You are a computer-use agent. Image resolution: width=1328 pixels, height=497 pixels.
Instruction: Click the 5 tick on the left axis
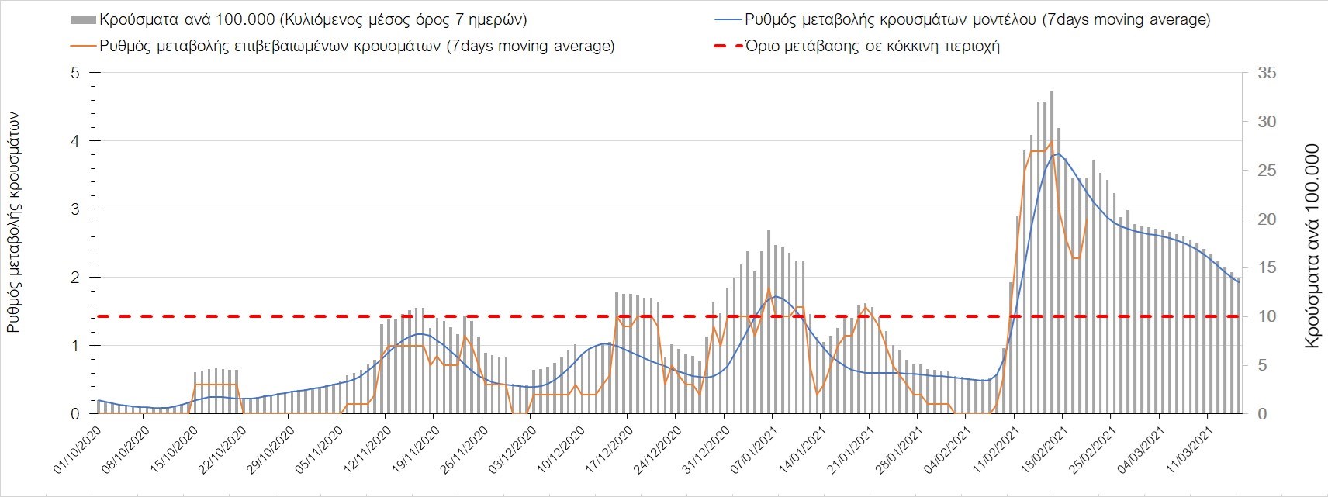pos(75,73)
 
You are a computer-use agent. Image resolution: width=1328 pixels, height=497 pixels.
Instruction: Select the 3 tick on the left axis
pos(75,209)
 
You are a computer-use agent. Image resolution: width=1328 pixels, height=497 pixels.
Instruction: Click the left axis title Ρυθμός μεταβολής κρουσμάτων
pos(14,222)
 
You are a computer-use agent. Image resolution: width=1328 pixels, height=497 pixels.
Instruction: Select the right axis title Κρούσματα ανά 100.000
pos(1311,245)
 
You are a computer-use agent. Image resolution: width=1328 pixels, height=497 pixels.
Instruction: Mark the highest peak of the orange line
pos(1052,142)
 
